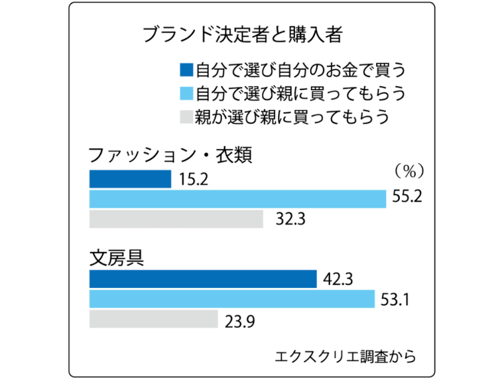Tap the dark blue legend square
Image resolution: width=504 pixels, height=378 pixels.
186,69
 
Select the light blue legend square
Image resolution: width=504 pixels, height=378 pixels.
186,93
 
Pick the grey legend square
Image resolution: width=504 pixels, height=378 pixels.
186,117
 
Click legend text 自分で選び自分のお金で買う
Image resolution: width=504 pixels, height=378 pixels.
299,69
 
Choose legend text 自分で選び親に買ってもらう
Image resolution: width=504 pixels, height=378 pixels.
299,93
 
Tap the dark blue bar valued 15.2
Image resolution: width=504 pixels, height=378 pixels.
130,179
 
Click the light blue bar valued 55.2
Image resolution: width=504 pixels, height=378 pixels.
237,198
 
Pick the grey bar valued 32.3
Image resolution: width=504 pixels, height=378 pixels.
176,218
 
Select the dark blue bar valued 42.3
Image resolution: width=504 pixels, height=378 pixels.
203,279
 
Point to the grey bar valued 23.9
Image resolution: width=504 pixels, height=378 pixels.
153,319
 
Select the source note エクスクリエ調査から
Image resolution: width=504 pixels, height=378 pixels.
346,356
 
